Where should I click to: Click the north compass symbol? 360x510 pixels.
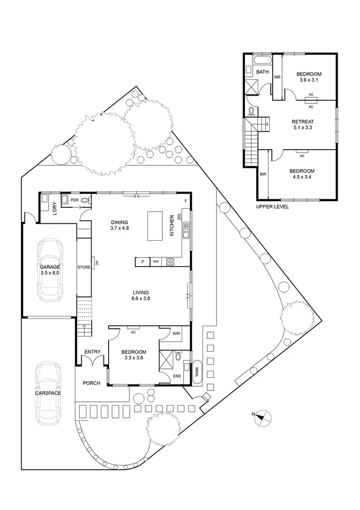click(x=262, y=418)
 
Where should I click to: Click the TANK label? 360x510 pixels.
click(x=197, y=371)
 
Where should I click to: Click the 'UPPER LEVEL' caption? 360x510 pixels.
click(x=272, y=207)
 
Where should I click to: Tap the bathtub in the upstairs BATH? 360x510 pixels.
click(x=261, y=60)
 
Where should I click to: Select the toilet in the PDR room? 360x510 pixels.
click(x=85, y=200)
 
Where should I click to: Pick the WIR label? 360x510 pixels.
click(x=176, y=334)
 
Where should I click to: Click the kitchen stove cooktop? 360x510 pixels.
click(x=170, y=262)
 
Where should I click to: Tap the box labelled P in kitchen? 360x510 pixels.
click(x=142, y=262)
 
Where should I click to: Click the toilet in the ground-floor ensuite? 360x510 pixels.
click(x=177, y=356)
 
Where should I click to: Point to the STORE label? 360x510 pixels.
click(x=84, y=268)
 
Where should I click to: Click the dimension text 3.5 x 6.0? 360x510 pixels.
click(x=50, y=273)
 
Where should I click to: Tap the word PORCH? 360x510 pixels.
click(x=92, y=383)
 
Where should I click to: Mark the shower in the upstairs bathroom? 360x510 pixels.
click(x=251, y=87)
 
